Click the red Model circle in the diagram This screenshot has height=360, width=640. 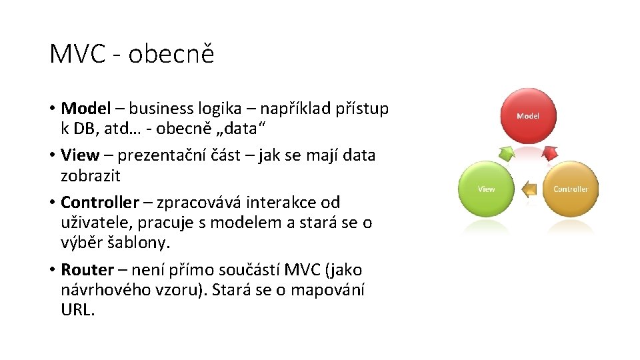point(527,116)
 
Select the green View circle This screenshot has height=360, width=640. point(486,189)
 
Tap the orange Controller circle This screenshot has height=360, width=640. point(571,189)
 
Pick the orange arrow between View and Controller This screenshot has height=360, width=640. point(529,190)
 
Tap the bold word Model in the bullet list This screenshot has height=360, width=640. point(85,108)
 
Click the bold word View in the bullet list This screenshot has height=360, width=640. point(79,155)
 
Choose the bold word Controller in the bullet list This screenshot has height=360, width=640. point(99,202)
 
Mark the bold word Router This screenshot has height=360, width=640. point(87,270)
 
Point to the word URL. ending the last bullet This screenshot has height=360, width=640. point(78,311)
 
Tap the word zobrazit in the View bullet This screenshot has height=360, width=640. point(91,176)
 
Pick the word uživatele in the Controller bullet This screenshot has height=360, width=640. point(97,223)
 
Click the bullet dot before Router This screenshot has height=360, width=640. point(52,270)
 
